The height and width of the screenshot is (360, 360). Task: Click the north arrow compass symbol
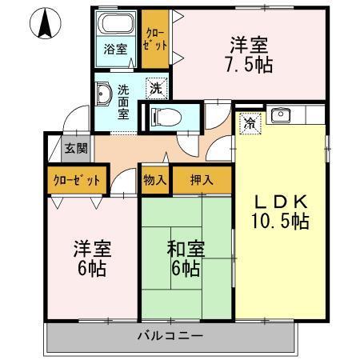(46, 24)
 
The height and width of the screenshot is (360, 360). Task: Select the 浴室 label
(115, 49)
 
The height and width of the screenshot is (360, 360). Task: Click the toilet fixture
(161, 116)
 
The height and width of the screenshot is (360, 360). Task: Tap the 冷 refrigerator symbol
(250, 124)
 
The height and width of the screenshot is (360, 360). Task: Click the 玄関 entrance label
(76, 147)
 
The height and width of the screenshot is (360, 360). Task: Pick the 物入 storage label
(155, 180)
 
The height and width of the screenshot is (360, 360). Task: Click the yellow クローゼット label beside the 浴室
(155, 39)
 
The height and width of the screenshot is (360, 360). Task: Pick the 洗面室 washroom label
(124, 102)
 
